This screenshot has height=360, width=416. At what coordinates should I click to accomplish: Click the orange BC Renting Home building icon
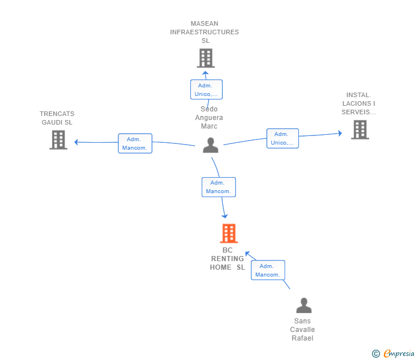click(x=229, y=233)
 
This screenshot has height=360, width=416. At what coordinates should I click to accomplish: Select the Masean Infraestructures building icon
click(x=205, y=58)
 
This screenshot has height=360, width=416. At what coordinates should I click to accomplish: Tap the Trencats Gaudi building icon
click(x=58, y=139)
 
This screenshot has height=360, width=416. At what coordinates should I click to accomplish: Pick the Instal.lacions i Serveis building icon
click(x=359, y=130)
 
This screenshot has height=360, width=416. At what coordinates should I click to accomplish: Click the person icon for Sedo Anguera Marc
click(x=210, y=146)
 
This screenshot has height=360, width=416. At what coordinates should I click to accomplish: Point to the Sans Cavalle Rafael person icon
click(x=303, y=306)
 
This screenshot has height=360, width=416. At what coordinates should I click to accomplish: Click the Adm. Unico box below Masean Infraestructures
click(x=206, y=90)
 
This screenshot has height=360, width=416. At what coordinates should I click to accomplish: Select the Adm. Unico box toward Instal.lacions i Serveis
click(x=282, y=138)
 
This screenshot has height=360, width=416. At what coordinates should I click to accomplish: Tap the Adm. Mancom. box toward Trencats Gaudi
click(x=135, y=143)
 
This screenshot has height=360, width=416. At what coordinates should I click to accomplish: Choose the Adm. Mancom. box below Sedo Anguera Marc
click(x=218, y=187)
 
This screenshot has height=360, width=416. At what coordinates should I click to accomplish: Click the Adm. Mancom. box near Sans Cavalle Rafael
click(x=267, y=270)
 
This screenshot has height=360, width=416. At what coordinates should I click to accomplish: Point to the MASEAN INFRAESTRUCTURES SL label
click(x=205, y=32)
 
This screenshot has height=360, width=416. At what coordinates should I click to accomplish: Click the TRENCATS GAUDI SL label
click(x=57, y=118)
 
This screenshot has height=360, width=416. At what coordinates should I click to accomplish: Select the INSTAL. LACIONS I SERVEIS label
click(x=359, y=103)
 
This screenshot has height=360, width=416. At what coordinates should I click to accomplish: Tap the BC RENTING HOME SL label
click(x=227, y=259)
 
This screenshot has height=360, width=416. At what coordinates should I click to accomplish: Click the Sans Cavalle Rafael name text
click(x=302, y=330)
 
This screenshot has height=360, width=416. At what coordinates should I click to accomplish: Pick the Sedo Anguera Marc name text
click(x=209, y=118)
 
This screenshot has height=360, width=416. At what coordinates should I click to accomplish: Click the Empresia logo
click(x=398, y=354)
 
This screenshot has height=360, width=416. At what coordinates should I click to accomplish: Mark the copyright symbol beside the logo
click(x=375, y=354)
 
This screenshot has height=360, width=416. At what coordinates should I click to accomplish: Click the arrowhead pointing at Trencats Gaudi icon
click(x=77, y=142)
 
